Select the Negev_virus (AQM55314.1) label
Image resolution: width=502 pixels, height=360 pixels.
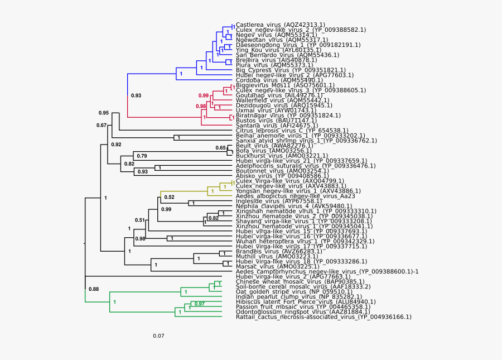(273, 35)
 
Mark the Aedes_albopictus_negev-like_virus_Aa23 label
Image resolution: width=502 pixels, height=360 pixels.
(296, 196)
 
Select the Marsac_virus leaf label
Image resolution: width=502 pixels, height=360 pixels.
(272, 266)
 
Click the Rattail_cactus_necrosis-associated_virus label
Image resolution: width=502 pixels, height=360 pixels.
(324, 317)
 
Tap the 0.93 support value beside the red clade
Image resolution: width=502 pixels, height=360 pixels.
(136, 95)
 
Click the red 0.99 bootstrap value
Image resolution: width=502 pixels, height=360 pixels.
(204, 96)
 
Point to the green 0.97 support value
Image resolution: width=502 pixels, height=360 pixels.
(199, 304)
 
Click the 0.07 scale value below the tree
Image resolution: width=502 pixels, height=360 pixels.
(158, 336)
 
